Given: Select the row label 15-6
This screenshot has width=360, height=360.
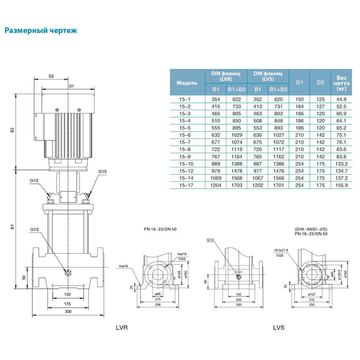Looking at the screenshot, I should click(185, 136).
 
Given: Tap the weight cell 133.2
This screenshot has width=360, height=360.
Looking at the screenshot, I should click(341, 163).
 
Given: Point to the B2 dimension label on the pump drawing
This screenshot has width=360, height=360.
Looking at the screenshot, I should click(12, 130).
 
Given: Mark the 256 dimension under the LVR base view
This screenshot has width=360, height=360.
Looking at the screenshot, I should click(157, 305).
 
